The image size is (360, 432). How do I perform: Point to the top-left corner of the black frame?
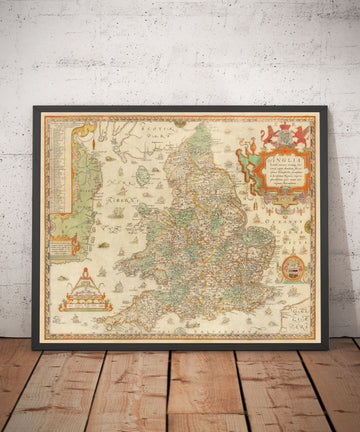[x=34, y=108]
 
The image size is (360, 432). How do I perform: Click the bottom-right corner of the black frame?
[x=326, y=348]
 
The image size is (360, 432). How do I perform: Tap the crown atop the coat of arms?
[x=284, y=125]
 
